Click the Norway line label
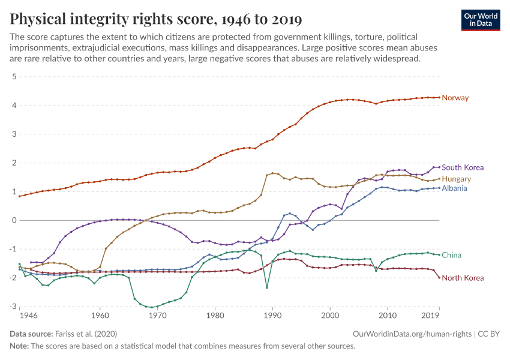pos(455,98)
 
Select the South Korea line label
pos(463,167)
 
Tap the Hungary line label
pos(457,179)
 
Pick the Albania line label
pos(455,188)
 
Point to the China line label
pos(452,255)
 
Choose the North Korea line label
pos(463,278)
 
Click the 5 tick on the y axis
pos(13,77)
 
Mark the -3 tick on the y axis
pos(11,307)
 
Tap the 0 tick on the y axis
pos(13,220)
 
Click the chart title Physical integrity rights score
pos(155,19)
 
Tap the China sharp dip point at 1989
pos(267,287)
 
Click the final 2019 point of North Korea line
pos(439,277)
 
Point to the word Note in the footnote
pos(19,346)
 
